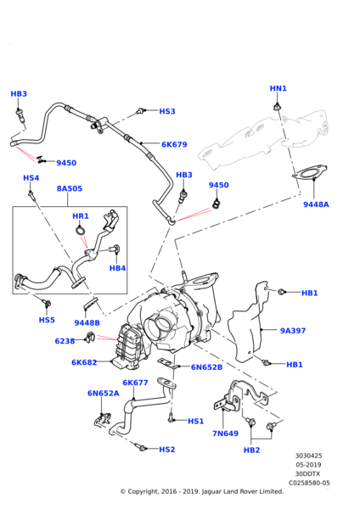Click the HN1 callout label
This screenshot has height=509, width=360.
tap(278, 88)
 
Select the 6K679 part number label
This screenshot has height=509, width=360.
tap(174, 144)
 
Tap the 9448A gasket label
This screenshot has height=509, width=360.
tap(316, 204)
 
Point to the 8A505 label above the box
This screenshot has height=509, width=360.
tap(70, 188)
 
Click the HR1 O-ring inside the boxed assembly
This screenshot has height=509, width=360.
tap(81, 231)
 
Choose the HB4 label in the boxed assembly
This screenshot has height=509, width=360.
tap(117, 268)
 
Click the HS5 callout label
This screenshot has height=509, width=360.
tap(47, 320)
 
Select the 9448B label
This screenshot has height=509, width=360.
tap(87, 322)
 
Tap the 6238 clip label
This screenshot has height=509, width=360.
tap(65, 341)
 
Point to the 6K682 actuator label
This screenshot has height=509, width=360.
tap(84, 362)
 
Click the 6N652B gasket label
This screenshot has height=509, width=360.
tap(206, 367)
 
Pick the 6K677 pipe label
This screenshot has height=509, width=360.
tap(135, 383)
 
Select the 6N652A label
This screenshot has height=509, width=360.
tap(104, 394)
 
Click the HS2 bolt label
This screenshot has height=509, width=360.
tap(167, 450)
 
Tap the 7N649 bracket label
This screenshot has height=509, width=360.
tap(226, 433)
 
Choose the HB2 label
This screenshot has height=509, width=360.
tap(252, 450)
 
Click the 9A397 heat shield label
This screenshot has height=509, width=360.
tap(293, 331)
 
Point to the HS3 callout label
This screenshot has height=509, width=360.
tap(167, 111)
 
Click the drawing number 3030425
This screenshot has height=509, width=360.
tap(309, 456)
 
